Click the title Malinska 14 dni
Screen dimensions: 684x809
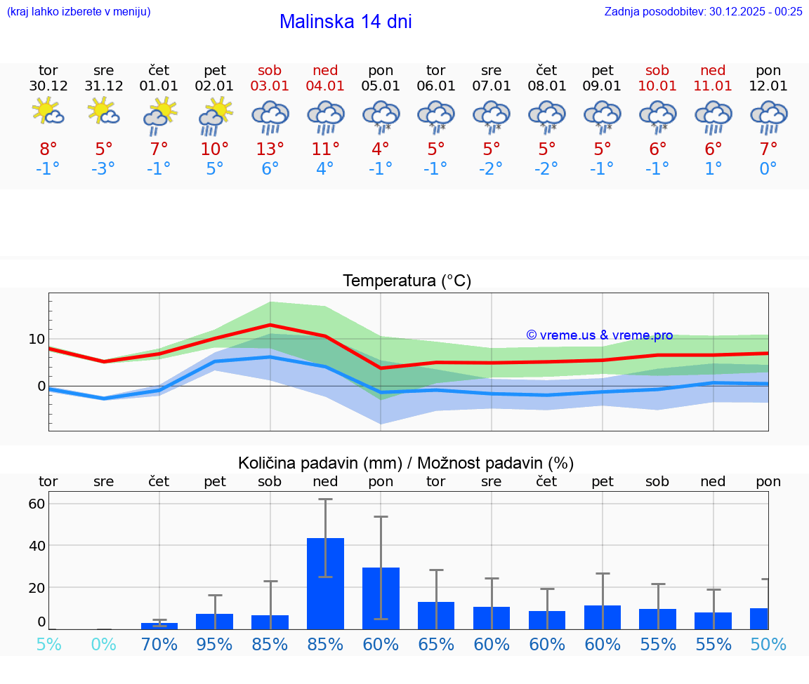point(346,22)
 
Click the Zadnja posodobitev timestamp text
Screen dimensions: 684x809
point(703,11)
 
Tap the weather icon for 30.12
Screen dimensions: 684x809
point(48,112)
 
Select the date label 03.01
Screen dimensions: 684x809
point(270,86)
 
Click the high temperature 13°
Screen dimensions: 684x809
point(270,149)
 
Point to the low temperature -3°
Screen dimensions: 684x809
point(103,169)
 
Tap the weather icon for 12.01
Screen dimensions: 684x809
point(768,116)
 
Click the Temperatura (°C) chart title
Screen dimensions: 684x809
point(407,281)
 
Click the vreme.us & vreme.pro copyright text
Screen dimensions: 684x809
point(600,335)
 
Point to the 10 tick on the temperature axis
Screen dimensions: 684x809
point(37,339)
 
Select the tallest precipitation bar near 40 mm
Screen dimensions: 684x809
point(325,583)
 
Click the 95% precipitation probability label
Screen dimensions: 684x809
point(214,644)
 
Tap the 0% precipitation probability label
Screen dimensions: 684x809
point(103,644)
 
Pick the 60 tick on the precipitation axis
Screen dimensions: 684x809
point(37,504)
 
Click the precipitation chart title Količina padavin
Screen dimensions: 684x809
point(406,463)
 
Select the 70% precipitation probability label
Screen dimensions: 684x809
point(159,644)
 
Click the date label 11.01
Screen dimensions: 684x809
point(713,86)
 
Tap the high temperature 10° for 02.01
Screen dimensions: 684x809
point(214,149)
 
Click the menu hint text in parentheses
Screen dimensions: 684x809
point(79,11)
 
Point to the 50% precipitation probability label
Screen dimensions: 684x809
point(768,644)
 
